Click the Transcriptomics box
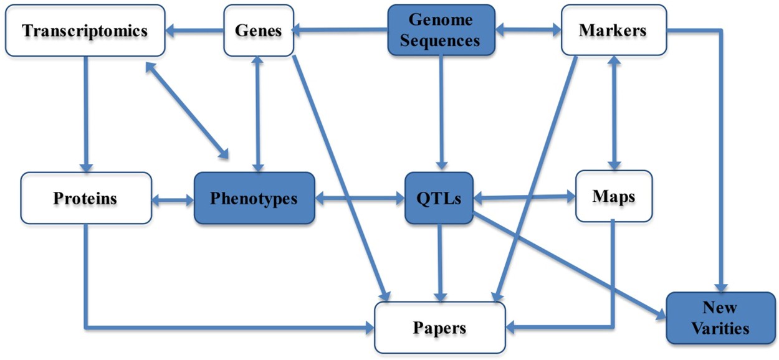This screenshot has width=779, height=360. pos(85,31)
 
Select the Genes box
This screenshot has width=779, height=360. pos(259,30)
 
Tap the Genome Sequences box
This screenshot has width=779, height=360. pos(441,31)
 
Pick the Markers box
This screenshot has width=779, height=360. pos(613,30)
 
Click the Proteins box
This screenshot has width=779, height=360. pos(85,199)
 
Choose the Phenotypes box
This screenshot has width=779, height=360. pos(254,199)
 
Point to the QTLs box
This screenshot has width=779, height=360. pos(440,199)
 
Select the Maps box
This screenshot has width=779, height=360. pos(614,197)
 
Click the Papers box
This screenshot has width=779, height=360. pos(440,327)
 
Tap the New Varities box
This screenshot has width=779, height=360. pos(720,317)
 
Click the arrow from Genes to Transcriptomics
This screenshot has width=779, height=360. pos(195,30)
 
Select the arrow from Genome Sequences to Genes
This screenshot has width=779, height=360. pos(340,29)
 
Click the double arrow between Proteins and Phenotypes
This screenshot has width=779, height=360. pos(173,200)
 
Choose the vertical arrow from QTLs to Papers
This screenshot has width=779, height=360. pos(440,262)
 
